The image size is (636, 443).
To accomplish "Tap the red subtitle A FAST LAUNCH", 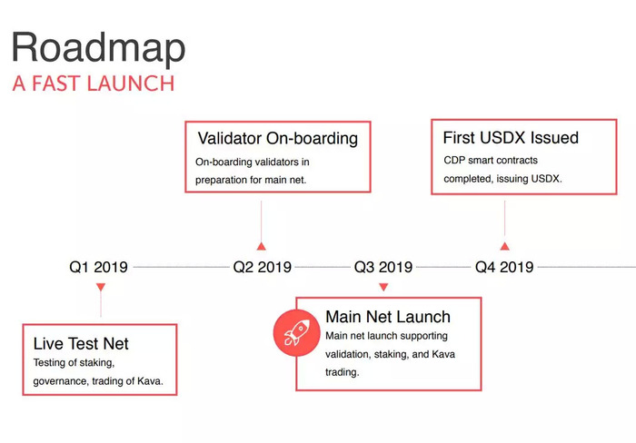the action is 94,84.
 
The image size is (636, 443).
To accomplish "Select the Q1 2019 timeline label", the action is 98,267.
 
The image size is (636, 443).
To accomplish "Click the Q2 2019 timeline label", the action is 262,267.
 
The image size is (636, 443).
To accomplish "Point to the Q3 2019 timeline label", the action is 383,267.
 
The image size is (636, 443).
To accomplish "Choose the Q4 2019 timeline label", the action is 504,267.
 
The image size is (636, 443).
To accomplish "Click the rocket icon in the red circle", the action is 296,333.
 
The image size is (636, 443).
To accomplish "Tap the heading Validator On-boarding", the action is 278,138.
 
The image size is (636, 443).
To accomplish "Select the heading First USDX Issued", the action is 511,138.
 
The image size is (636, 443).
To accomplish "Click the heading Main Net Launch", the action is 388,317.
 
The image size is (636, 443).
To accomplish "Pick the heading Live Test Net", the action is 81,344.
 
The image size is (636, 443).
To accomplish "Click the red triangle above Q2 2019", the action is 262,246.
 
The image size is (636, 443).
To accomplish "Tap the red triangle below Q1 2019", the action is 101,287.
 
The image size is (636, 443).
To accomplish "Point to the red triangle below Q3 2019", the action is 383,287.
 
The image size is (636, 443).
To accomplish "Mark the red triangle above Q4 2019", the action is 504,246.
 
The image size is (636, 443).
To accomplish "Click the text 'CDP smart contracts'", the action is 491,161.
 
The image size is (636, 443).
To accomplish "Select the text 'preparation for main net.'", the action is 251,180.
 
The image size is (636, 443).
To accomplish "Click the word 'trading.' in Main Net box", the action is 343,372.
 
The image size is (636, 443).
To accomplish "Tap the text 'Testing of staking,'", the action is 74,363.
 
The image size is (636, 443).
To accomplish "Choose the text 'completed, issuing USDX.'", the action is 502,179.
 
